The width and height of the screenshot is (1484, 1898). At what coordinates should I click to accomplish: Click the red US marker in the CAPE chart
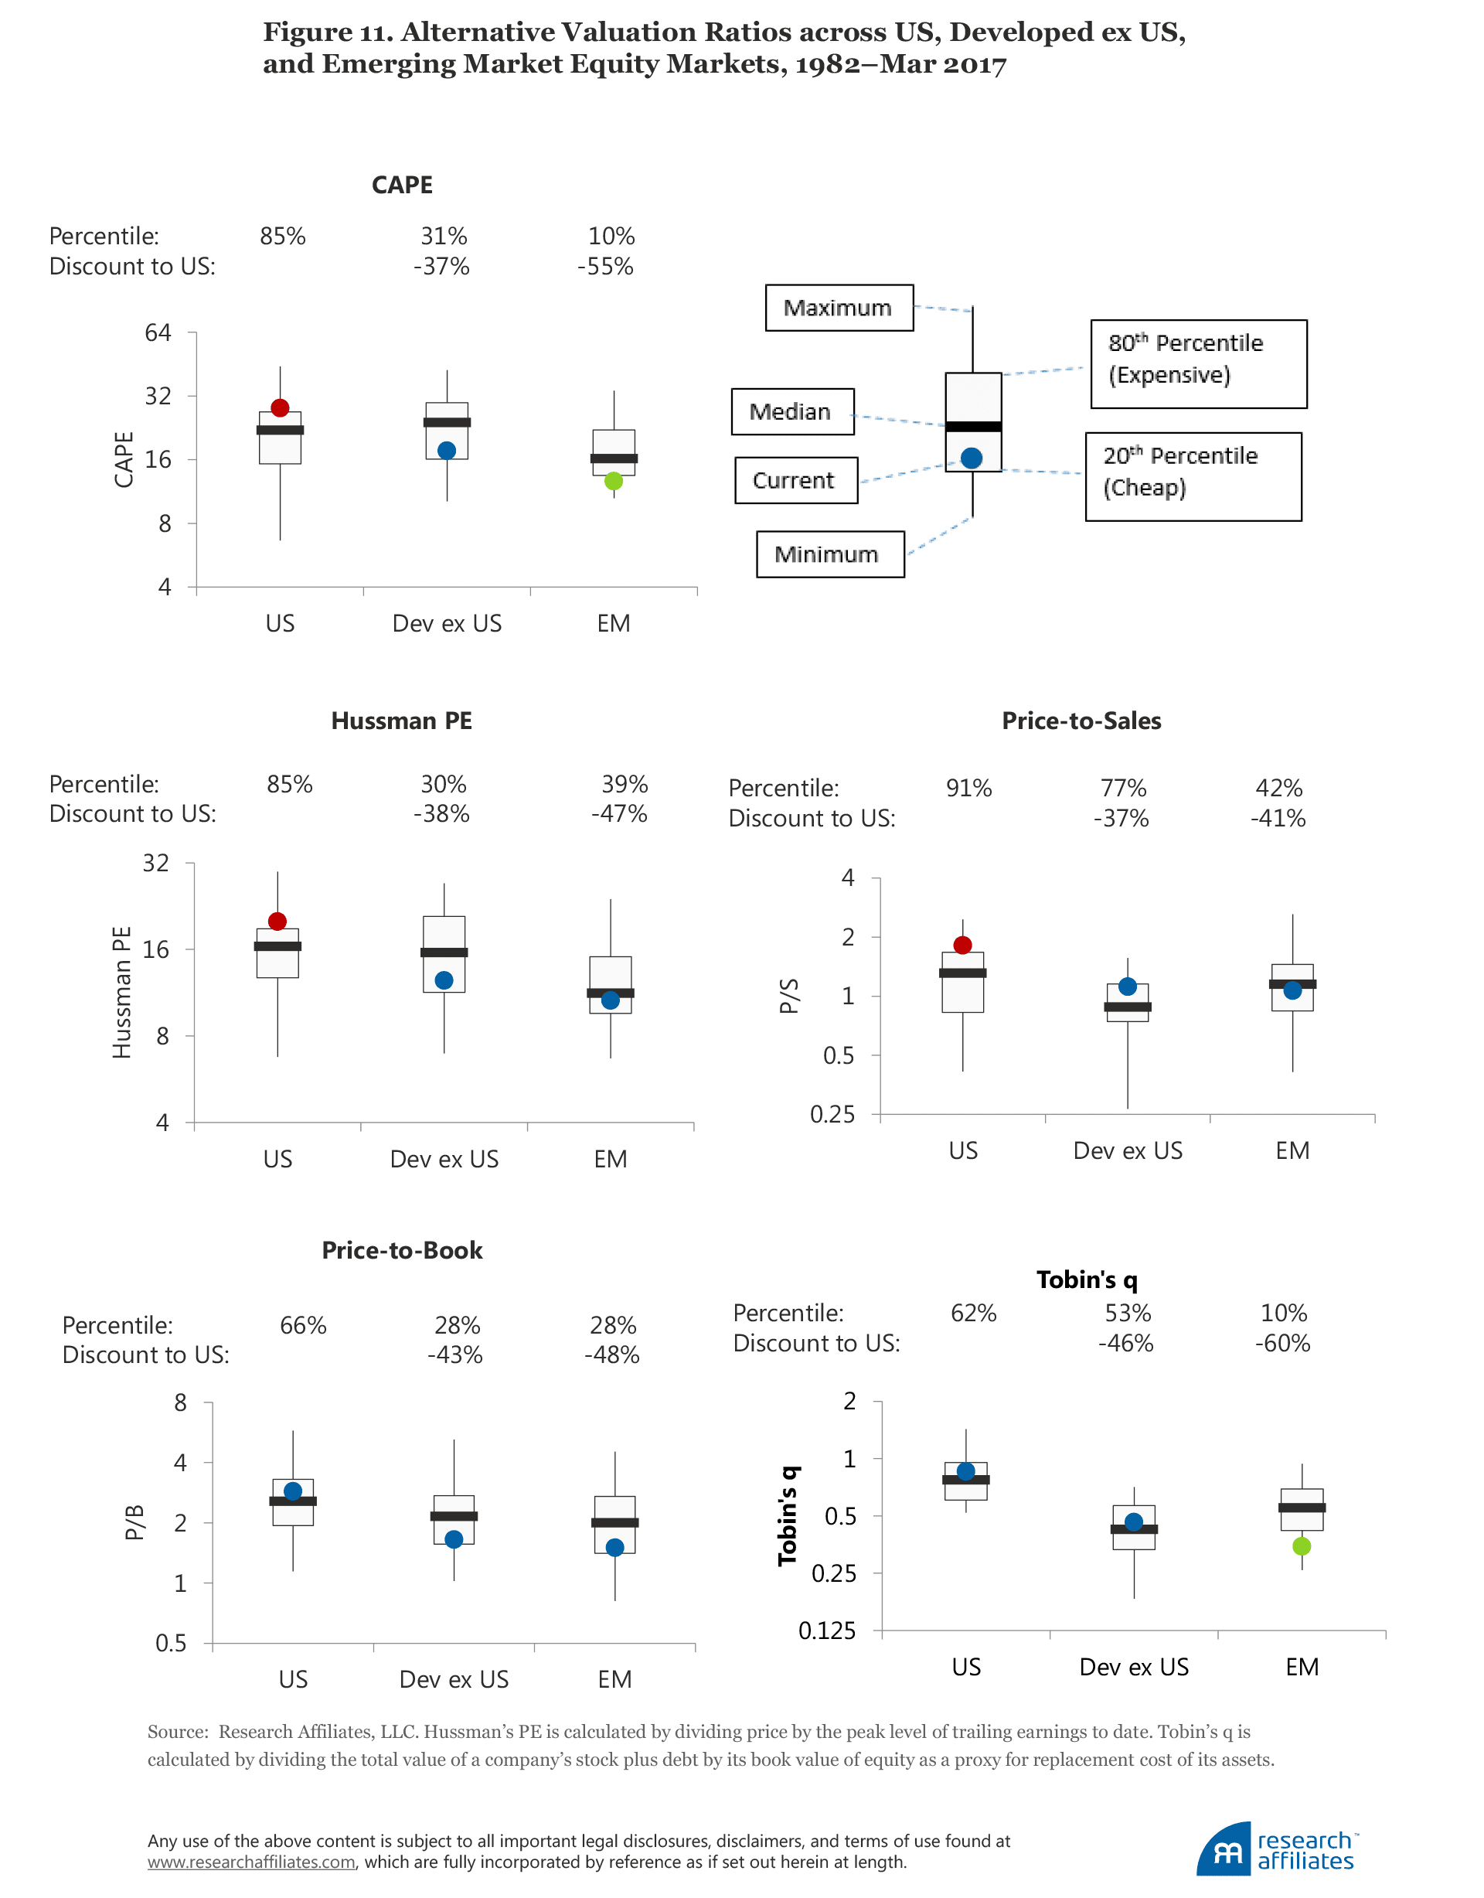click(280, 407)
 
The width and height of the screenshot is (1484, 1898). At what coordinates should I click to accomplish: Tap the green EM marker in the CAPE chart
click(614, 481)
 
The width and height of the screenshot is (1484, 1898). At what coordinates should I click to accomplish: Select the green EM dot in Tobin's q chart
click(1301, 1546)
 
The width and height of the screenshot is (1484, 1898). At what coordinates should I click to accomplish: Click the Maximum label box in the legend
click(839, 308)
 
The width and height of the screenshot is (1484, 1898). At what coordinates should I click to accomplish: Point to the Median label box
click(791, 411)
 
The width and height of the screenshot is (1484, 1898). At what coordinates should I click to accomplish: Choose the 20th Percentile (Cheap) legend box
click(1193, 476)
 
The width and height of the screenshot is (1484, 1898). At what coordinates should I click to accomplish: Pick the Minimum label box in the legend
click(830, 554)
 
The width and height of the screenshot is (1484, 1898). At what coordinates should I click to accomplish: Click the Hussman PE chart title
click(401, 721)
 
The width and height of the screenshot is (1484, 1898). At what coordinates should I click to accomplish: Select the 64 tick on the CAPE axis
click(158, 333)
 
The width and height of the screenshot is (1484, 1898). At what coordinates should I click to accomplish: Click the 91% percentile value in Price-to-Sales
click(968, 789)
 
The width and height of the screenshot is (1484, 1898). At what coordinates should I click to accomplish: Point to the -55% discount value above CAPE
click(606, 267)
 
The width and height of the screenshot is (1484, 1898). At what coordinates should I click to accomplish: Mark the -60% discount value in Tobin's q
click(1282, 1344)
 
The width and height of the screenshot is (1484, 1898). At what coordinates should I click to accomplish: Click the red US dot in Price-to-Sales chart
click(963, 945)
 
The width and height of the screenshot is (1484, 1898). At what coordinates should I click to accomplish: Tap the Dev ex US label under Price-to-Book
click(454, 1679)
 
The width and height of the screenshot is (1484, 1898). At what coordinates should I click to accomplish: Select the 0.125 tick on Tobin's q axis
click(827, 1631)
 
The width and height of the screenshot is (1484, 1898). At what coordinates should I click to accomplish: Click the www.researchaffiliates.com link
click(251, 1862)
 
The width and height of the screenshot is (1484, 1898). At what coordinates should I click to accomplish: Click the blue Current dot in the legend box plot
click(972, 458)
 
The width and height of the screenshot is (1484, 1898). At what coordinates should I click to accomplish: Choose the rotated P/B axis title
click(134, 1521)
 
